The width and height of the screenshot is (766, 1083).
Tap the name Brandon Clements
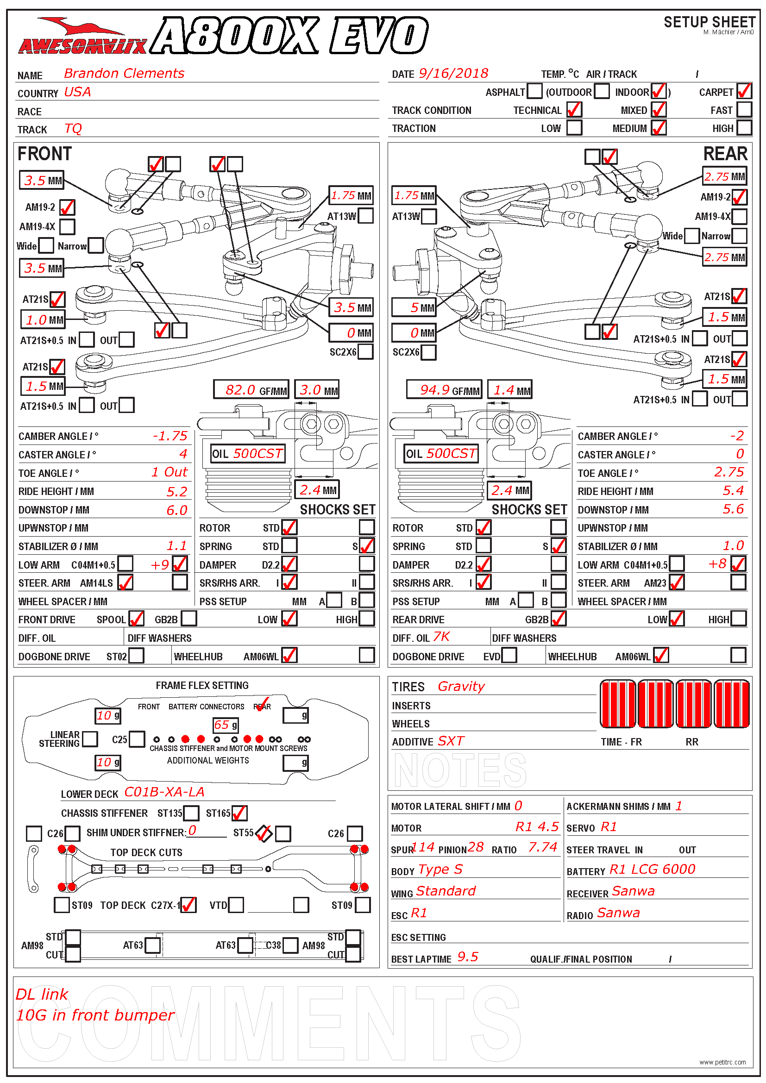(124, 74)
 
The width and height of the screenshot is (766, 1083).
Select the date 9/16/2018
(453, 74)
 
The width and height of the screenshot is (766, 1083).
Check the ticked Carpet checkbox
(744, 91)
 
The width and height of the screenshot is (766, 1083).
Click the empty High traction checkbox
(744, 128)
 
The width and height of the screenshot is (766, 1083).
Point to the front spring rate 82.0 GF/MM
(251, 390)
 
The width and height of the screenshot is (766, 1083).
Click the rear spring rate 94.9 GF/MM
(444, 390)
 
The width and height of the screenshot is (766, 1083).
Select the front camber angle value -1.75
(170, 436)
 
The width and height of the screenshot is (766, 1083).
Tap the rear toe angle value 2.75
(729, 472)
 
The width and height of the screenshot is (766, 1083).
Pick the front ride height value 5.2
(177, 492)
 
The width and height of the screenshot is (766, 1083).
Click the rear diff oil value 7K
(441, 637)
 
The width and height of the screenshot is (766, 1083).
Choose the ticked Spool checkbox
(136, 619)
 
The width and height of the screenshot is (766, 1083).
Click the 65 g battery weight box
(226, 725)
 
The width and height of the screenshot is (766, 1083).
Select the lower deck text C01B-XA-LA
(164, 792)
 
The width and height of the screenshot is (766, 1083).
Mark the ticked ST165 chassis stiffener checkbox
(239, 813)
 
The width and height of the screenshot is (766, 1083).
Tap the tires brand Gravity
(461, 687)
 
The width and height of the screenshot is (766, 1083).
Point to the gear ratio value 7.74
(542, 848)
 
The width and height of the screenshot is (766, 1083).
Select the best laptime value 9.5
(467, 957)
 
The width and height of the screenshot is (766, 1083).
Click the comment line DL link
(42, 995)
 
